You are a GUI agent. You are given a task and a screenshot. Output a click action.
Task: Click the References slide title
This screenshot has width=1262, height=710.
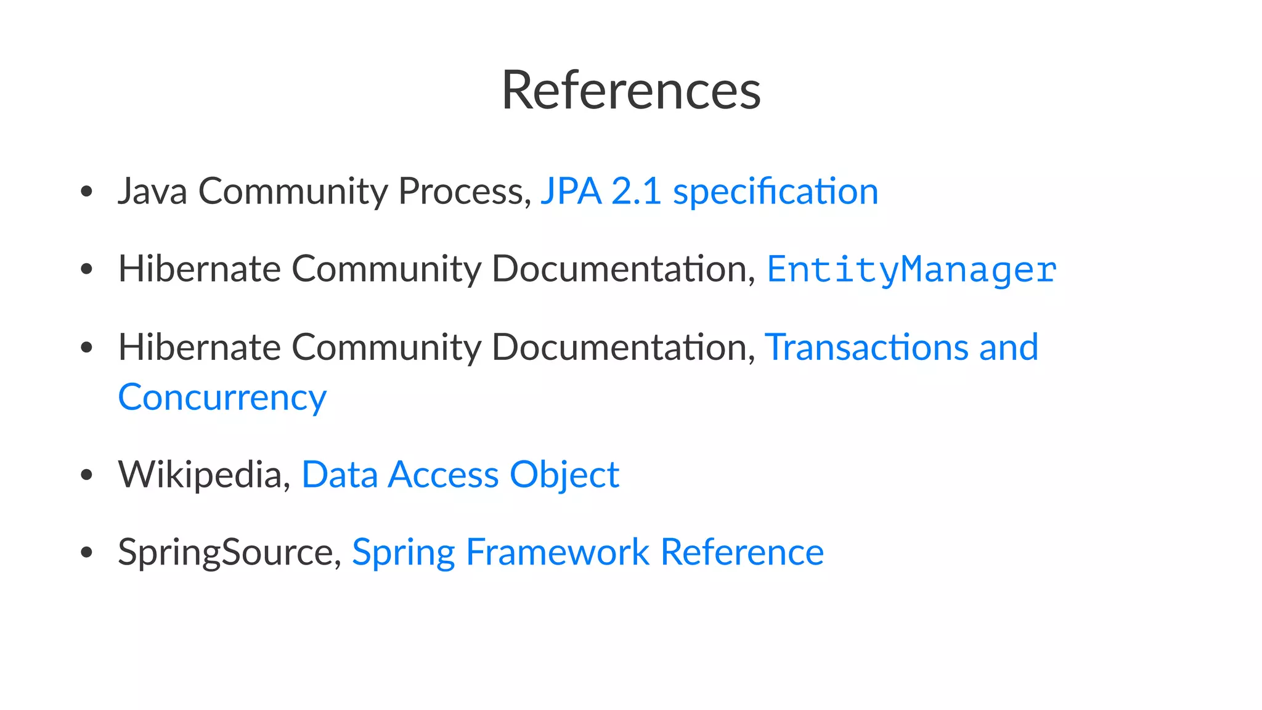[631, 91]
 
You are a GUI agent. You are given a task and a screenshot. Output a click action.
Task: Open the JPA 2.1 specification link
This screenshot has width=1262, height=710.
[709, 191]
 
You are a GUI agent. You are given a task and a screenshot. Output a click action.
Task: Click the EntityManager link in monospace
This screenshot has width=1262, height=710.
[911, 269]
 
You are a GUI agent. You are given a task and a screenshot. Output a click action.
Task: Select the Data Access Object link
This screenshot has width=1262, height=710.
[460, 475]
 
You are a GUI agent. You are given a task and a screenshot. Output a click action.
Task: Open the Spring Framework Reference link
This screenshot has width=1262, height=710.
[587, 552]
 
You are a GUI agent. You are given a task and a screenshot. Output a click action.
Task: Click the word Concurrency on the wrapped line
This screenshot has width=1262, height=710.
[222, 398]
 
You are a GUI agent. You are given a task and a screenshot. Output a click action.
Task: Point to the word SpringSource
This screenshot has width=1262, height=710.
[226, 552]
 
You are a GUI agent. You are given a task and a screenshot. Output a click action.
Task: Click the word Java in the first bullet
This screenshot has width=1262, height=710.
[152, 191]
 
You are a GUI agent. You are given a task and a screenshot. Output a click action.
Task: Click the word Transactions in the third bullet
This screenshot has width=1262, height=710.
[866, 347]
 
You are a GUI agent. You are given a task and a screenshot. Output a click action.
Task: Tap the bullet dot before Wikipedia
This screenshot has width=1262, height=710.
[87, 475]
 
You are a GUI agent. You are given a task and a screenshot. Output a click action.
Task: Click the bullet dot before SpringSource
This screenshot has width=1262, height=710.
[87, 553]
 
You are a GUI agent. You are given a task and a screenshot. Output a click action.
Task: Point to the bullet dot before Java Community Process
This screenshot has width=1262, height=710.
[87, 192]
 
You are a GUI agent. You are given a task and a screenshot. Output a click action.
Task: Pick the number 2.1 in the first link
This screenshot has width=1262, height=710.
[637, 191]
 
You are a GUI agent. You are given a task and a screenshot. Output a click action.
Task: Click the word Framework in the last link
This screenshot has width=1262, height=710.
[558, 552]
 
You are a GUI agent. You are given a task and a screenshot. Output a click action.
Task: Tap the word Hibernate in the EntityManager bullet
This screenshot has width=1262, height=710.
[199, 269]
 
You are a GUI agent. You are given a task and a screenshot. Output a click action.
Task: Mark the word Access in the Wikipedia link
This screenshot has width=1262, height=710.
[443, 475]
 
